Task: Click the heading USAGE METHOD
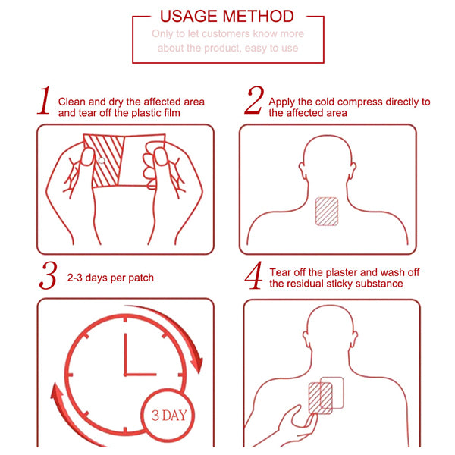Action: coord(227,16)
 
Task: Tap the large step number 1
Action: coord(45,100)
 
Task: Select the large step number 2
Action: coord(254,100)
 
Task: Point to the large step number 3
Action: coord(49,275)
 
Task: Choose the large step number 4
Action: coord(253,275)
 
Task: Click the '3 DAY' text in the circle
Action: coord(169,416)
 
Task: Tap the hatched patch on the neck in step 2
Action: coord(327,212)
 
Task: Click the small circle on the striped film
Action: coord(102,161)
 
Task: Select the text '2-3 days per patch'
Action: coord(110,278)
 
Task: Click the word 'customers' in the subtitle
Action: coord(225,33)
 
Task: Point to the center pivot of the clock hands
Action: coord(126,375)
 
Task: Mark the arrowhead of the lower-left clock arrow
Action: coord(57,391)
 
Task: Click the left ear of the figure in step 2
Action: coord(302,171)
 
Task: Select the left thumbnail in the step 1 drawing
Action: coord(87,157)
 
